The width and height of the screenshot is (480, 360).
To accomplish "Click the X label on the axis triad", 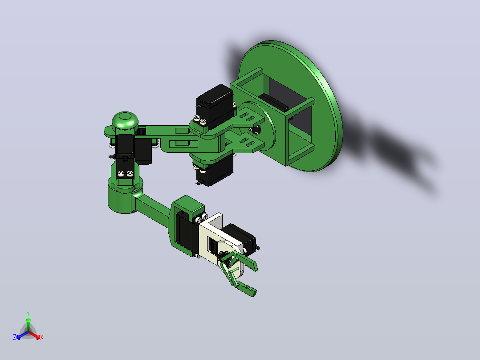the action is pos(42,337).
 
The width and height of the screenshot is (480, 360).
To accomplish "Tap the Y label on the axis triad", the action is pos(28,313).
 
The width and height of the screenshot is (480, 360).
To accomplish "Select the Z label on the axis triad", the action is pos(14,337).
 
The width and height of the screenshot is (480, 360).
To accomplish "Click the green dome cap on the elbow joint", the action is pos(125,120).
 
